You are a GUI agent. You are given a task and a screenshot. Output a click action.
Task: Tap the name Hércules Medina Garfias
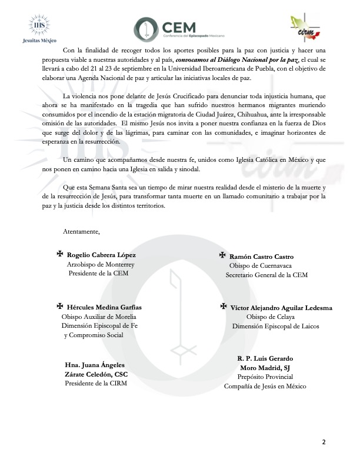coord(104,307)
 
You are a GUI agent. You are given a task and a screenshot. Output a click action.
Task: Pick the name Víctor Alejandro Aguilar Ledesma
coord(281,308)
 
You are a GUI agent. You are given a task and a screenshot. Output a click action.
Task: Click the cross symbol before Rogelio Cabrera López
coord(59,255)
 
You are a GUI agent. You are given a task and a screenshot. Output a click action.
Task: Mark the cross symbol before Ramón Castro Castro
coord(222,255)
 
